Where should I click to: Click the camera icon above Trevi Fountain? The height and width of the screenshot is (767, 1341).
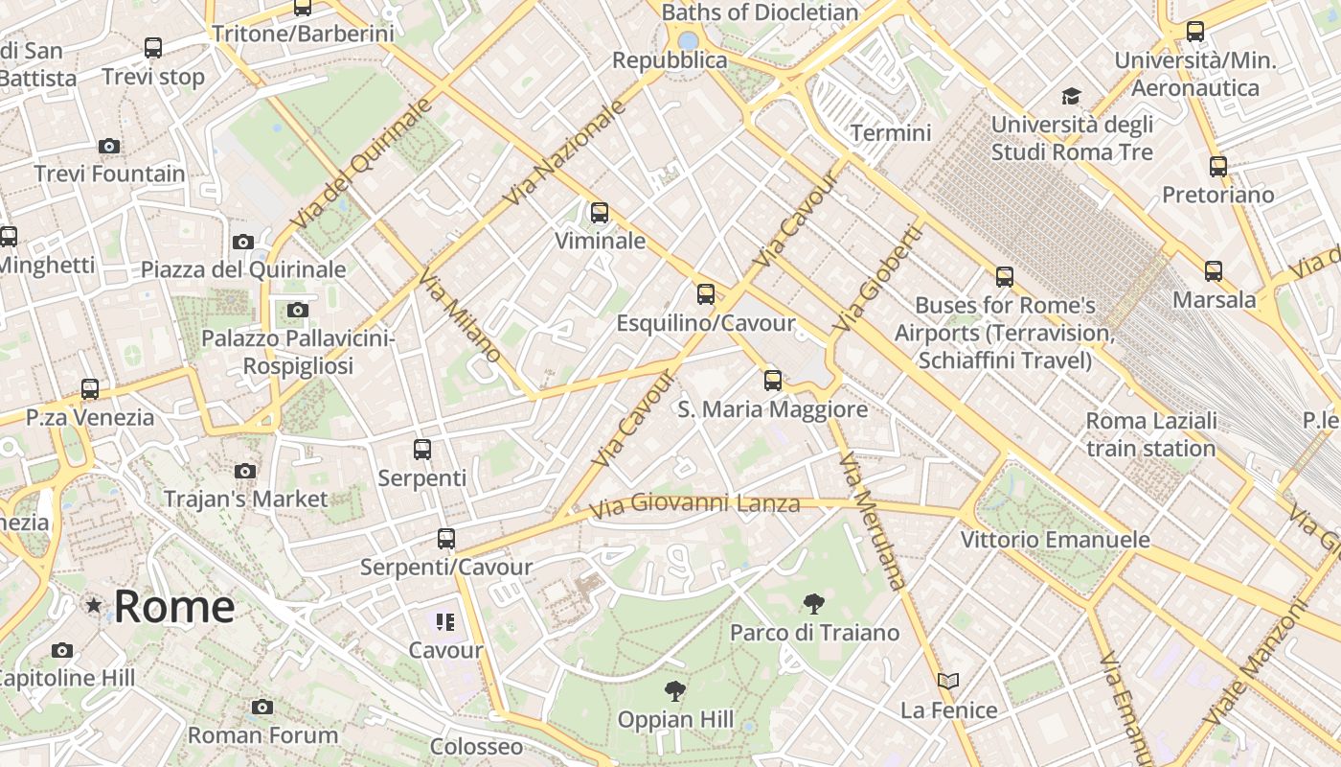coord(109,147)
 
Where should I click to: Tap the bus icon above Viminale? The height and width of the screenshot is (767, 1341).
coord(600,213)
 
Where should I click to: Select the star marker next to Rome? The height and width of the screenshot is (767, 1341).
coord(94,605)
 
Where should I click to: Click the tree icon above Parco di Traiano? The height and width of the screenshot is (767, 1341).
coord(813,604)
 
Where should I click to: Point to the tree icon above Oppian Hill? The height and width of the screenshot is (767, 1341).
coord(675,690)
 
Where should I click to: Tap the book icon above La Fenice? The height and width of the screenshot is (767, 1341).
coord(948,681)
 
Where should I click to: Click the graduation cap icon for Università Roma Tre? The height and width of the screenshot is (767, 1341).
coord(1071,97)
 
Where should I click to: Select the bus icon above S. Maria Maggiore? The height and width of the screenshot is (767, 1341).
coord(773,381)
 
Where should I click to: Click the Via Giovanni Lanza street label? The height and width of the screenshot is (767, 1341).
coord(694,505)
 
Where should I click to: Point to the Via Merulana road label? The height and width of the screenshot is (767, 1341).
coord(872,521)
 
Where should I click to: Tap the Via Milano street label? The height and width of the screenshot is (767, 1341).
coord(459,315)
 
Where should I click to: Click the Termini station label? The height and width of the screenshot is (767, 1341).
coord(891,132)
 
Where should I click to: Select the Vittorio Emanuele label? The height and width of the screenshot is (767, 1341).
coord(1055,540)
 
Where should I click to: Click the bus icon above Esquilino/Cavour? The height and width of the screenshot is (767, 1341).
coord(706,294)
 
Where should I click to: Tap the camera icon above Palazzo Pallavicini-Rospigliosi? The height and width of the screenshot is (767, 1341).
coord(298,310)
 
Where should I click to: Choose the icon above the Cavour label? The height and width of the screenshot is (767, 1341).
coord(445,622)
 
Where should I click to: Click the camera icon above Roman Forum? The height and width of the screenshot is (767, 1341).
coord(262,708)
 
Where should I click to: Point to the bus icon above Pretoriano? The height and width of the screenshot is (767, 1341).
coord(1218,167)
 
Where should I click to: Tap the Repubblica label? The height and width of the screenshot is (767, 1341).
coord(670,60)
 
